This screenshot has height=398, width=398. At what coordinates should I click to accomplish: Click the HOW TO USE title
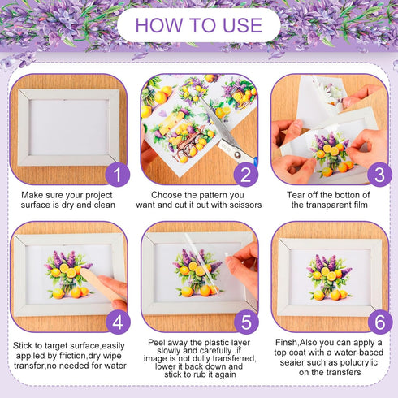(198, 25)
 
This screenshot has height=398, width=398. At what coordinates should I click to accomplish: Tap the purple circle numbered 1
(119, 173)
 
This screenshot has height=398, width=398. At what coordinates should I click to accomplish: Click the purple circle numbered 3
(378, 173)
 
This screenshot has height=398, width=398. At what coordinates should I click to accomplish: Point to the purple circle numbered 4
(119, 321)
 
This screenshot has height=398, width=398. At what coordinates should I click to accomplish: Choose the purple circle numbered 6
(378, 321)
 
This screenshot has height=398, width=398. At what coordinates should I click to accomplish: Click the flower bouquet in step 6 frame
(328, 276)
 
